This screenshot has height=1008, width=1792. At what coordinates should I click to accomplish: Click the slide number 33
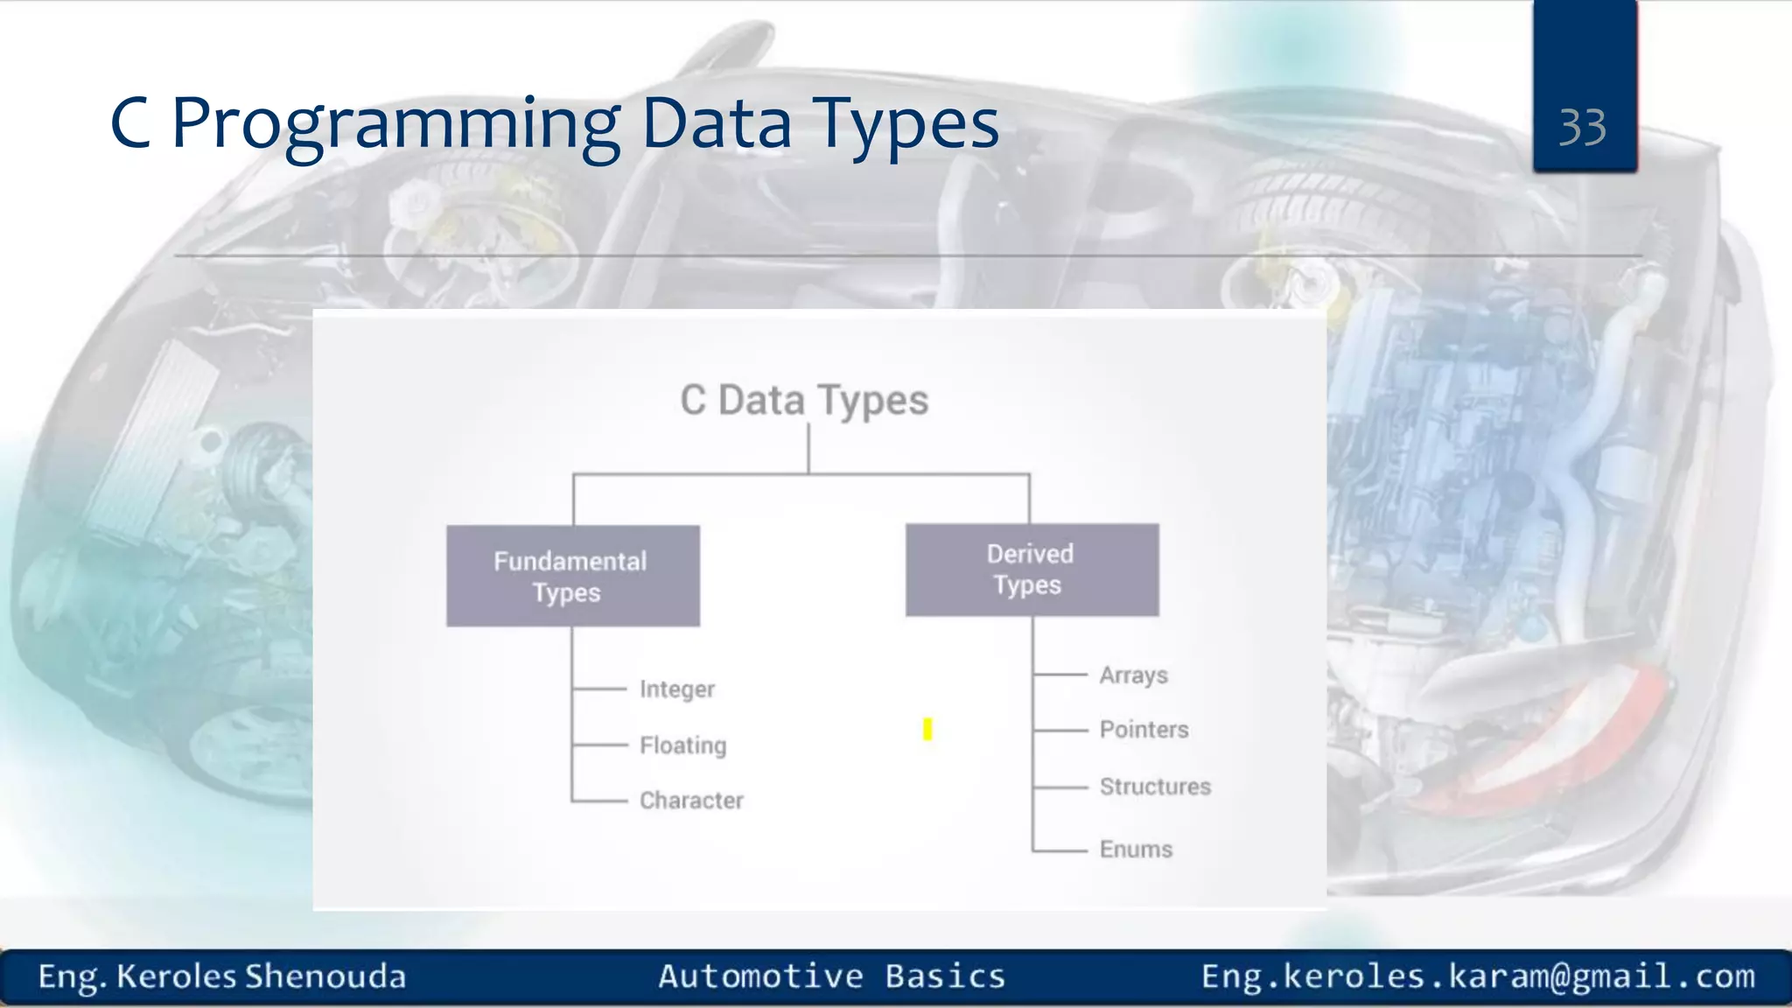tap(1582, 128)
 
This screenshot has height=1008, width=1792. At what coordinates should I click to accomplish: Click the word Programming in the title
tap(395, 124)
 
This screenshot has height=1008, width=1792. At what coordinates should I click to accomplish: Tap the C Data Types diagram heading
tap(804, 400)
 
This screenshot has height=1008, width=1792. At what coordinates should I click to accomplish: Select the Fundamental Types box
tap(572, 576)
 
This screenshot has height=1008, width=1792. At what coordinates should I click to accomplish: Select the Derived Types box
tap(1032, 570)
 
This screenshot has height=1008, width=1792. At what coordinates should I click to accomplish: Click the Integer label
tap(676, 689)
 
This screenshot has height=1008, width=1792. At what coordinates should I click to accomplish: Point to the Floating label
tap(682, 745)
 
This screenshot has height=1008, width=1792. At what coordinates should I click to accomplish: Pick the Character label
tap(691, 801)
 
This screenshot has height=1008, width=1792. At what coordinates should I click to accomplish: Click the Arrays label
tap(1133, 675)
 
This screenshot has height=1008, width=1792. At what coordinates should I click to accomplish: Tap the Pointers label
tap(1144, 730)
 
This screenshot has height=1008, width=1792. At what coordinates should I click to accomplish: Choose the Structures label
tap(1155, 787)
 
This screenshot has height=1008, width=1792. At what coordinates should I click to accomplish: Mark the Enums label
tap(1136, 850)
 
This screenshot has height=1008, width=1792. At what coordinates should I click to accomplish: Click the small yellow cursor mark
tap(927, 729)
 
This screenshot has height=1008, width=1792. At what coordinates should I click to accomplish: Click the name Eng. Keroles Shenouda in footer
tap(221, 976)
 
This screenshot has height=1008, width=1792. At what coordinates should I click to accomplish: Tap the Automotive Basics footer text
tap(831, 976)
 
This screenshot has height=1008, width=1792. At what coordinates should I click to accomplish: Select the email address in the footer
tap(1478, 976)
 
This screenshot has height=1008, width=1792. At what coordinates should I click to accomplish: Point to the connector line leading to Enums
tap(1060, 850)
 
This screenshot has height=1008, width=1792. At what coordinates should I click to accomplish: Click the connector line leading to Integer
tap(600, 689)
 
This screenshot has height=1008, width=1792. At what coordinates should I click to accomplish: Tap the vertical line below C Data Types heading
tap(808, 448)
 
